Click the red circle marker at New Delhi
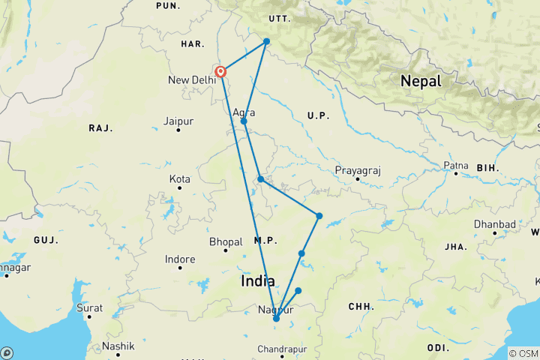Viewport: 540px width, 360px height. tap(221, 72)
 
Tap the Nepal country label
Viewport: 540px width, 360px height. tap(420, 81)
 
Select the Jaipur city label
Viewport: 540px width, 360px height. tap(178, 120)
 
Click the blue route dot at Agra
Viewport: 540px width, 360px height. tap(244, 121)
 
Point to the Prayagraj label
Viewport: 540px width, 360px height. tap(358, 170)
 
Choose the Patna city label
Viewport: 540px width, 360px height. tap(455, 164)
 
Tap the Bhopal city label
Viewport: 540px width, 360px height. tap(226, 241)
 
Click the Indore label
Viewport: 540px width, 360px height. tap(180, 259)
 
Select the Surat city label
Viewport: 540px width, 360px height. tap(89, 307)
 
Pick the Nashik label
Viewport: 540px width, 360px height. tap(118, 346)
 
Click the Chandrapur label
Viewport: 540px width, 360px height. tap(283, 349)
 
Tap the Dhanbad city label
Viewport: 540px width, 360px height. tap(494, 224)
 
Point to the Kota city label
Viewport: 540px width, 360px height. tap(180, 179)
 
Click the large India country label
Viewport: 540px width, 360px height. tap(259, 281)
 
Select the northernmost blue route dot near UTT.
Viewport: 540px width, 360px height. tap(266, 41)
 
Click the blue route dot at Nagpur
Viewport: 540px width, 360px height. tap(276, 319)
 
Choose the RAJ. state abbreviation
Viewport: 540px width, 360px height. tap(100, 128)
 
